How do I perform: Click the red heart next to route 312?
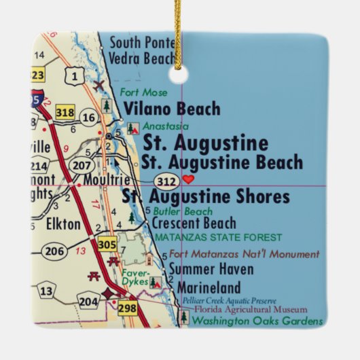tap(189, 179)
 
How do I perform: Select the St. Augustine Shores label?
tap(205, 197)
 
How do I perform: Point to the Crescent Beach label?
tap(194, 223)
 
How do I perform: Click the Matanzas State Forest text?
tap(218, 238)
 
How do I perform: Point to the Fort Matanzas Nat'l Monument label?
tap(244, 254)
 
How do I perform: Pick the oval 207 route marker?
tap(82, 164)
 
